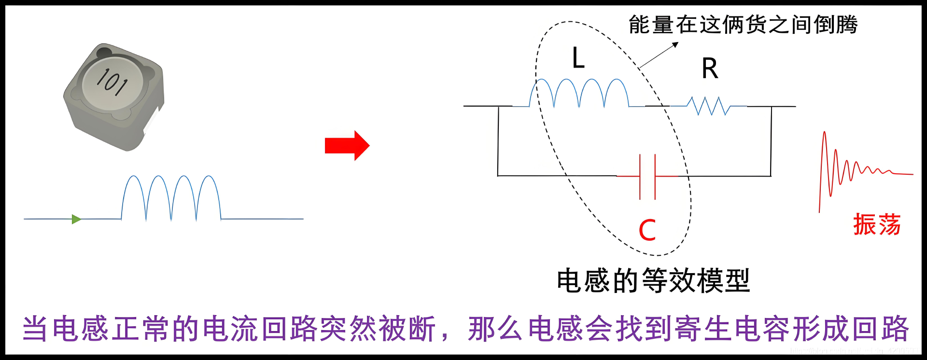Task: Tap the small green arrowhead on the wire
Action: (x=76, y=220)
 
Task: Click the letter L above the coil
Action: (x=578, y=58)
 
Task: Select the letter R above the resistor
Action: (x=710, y=69)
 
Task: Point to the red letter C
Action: (x=647, y=230)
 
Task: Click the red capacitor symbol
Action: (x=647, y=177)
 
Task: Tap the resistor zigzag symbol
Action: (x=708, y=106)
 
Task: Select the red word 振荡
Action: (x=876, y=224)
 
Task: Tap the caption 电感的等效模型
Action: (x=653, y=281)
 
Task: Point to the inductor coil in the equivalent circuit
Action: (x=579, y=93)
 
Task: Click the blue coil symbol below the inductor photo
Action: (x=171, y=198)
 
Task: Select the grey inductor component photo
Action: (x=114, y=97)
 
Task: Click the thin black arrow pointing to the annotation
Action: (x=659, y=55)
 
